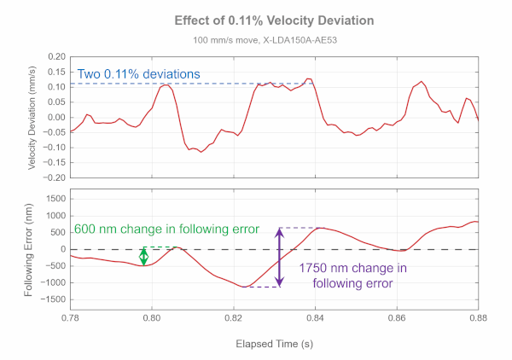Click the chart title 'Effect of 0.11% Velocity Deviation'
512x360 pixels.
tap(273, 20)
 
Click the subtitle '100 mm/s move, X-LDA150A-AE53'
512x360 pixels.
tap(273, 40)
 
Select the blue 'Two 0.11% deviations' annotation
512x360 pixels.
tap(138, 74)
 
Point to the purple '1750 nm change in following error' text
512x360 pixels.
tap(352, 276)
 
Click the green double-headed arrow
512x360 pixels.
tap(143, 256)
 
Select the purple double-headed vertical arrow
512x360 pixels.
tap(278, 258)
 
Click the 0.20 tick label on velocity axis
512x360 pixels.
tap(55, 57)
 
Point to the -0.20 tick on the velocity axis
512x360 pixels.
tap(54, 178)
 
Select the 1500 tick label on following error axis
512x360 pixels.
tap(54, 199)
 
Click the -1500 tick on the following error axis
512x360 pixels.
tap(52, 299)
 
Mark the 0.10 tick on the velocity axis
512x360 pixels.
tap(55, 87)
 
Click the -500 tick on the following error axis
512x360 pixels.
tap(54, 266)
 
